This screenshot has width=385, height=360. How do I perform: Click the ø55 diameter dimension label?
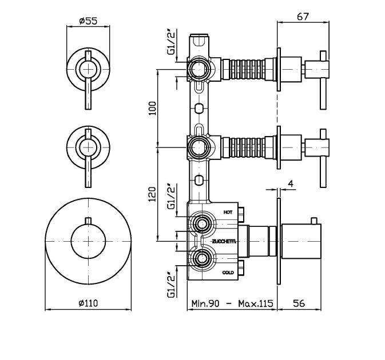tap(88, 21)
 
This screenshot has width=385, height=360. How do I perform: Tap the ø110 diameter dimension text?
tap(88, 303)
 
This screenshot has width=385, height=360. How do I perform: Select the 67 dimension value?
tap(303, 17)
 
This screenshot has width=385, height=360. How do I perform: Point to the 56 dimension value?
tap(299, 303)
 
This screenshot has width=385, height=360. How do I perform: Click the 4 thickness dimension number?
tap(291, 183)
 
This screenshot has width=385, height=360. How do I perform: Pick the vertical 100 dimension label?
tap(153, 108)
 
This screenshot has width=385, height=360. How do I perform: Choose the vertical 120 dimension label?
tap(153, 194)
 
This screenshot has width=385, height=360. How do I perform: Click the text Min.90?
tap(205, 303)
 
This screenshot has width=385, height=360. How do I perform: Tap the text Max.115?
tap(256, 303)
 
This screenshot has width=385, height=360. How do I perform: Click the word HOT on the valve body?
tap(228, 212)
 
